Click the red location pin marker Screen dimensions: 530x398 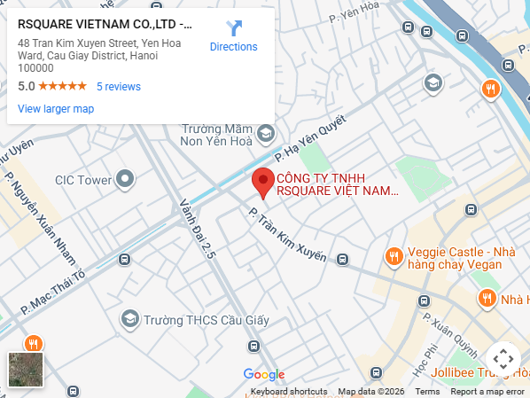point(262,182)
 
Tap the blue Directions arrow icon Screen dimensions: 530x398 point(234,28)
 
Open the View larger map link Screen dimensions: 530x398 point(56,109)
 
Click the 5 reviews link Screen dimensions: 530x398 point(119,87)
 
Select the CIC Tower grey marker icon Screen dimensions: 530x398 point(126,180)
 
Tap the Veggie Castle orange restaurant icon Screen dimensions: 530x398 point(394,256)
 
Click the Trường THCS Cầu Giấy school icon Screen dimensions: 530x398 point(130,318)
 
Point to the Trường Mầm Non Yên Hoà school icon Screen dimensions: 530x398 point(265,134)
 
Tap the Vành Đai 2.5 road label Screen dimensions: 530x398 point(199,228)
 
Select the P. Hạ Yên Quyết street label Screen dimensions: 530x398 point(309,141)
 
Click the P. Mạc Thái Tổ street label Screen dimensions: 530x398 point(54,293)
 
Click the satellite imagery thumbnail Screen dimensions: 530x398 point(26,370)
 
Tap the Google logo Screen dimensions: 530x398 point(264,374)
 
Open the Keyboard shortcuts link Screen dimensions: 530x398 point(289,392)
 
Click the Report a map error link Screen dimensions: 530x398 point(487,392)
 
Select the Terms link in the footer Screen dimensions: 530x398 point(427,392)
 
